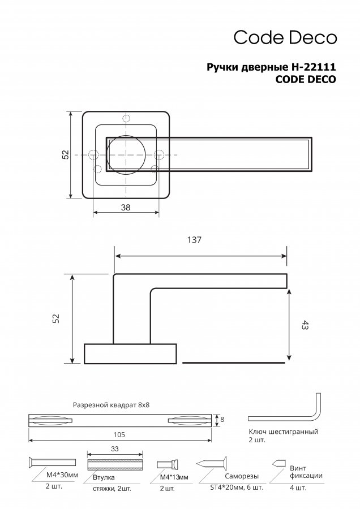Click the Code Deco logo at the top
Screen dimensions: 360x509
[x=285, y=37]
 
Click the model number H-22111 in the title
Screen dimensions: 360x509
[x=312, y=67]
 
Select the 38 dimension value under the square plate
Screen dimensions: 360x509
[x=126, y=207]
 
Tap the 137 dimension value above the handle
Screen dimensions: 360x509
[x=194, y=240]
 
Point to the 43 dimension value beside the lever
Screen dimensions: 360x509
[x=305, y=325]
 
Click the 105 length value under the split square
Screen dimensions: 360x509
[x=119, y=435]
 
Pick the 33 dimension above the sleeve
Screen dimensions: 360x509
[x=115, y=449]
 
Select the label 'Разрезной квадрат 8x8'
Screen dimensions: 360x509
[x=111, y=405]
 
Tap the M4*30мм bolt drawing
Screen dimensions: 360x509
[x=52, y=461]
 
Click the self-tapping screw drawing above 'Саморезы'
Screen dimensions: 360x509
[x=212, y=463]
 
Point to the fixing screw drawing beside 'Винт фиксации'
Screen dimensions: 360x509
[x=279, y=463]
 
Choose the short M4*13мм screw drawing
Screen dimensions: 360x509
[x=168, y=464]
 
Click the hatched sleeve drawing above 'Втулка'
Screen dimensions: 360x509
[x=115, y=464]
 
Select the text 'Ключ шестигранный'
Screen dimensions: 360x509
[x=284, y=432]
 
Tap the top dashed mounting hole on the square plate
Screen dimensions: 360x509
[x=126, y=119]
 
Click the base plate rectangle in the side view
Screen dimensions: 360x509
[x=131, y=353]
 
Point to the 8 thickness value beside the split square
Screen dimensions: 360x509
[x=222, y=420]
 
